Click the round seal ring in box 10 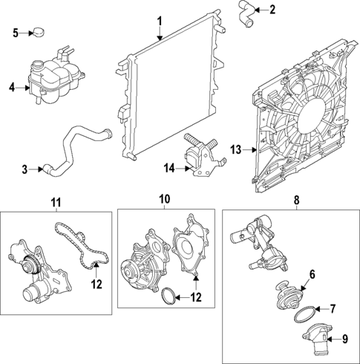(170, 297)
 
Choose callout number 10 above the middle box (164, 199)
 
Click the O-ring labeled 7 (305, 315)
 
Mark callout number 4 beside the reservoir (12, 88)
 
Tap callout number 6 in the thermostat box (312, 275)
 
